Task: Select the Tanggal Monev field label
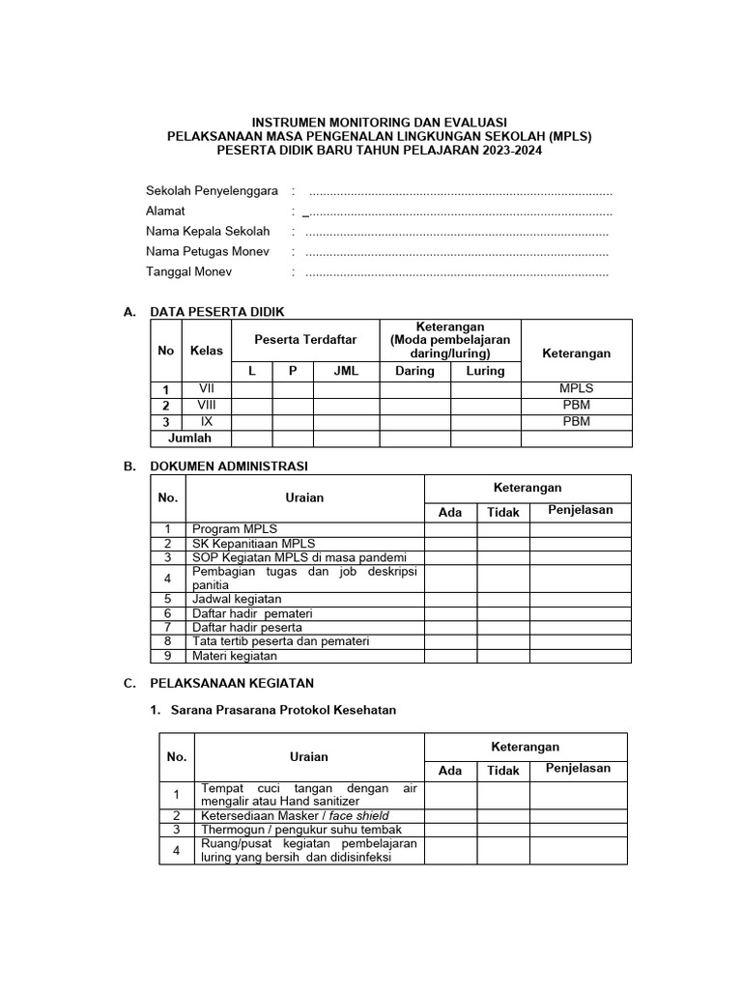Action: point(188,271)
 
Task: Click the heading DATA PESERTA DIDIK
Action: point(217,311)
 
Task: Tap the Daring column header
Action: point(414,371)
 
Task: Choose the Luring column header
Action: point(485,371)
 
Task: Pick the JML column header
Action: point(346,371)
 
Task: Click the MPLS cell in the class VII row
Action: point(576,388)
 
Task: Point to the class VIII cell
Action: point(207,405)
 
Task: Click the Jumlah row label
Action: point(189,438)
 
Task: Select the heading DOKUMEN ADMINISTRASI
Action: point(229,466)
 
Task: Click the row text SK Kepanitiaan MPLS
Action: point(254,543)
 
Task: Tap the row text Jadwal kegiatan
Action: point(237,599)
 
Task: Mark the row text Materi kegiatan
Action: point(235,656)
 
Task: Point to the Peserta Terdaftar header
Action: point(305,339)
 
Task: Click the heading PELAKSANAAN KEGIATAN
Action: point(232,683)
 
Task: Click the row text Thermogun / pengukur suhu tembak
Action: point(300,830)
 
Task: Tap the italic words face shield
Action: point(363,816)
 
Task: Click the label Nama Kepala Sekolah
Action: point(208,232)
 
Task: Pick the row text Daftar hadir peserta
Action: point(247,627)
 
